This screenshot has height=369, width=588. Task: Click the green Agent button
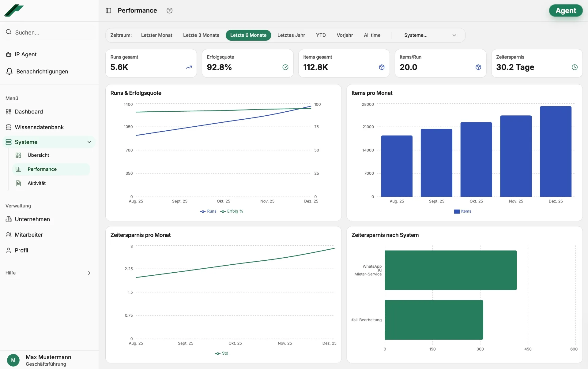pyautogui.click(x=565, y=11)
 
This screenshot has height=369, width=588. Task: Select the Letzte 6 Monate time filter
pyautogui.click(x=248, y=35)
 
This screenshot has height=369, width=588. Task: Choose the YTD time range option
pyautogui.click(x=321, y=35)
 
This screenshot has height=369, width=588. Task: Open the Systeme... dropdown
pyautogui.click(x=430, y=35)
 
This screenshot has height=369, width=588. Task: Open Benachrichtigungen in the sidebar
pyautogui.click(x=42, y=72)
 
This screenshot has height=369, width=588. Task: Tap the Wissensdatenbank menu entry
pyautogui.click(x=39, y=127)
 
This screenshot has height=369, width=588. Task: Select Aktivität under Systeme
pyautogui.click(x=36, y=183)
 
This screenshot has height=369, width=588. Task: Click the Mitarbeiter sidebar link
pyautogui.click(x=29, y=235)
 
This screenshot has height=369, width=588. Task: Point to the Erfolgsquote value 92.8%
pyautogui.click(x=219, y=67)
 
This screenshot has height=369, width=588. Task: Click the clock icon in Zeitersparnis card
pyautogui.click(x=575, y=67)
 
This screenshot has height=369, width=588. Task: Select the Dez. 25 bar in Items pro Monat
pyautogui.click(x=555, y=151)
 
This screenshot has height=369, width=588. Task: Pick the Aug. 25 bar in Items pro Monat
pyautogui.click(x=397, y=166)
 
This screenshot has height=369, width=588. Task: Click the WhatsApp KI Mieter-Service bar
pyautogui.click(x=450, y=270)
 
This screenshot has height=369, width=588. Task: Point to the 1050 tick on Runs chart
pyautogui.click(x=128, y=127)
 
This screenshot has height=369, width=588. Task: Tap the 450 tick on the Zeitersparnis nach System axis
pyautogui.click(x=528, y=349)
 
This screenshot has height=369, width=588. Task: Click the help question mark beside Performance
pyautogui.click(x=169, y=11)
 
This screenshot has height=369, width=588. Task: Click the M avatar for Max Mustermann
pyautogui.click(x=13, y=360)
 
